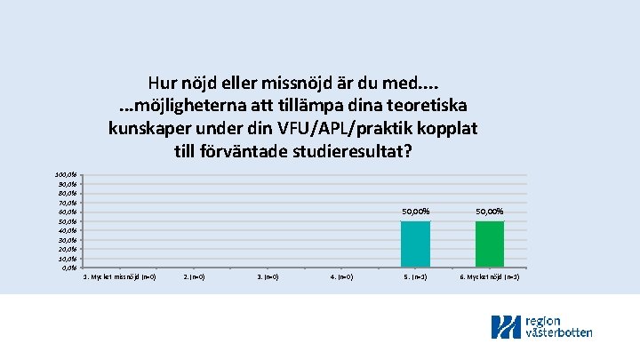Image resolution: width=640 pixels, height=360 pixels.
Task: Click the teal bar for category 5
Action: pyautogui.click(x=415, y=244)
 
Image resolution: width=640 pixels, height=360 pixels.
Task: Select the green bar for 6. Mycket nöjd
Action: pyautogui.click(x=490, y=244)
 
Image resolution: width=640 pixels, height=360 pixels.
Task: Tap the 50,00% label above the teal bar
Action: pyautogui.click(x=415, y=212)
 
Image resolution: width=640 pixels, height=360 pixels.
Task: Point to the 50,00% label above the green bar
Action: pyautogui.click(x=490, y=212)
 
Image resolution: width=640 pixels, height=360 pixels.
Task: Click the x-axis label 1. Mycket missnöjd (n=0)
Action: pyautogui.click(x=119, y=277)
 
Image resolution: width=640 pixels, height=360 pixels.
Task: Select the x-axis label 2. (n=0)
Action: pyautogui.click(x=194, y=277)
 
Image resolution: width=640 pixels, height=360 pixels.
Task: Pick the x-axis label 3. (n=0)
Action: pyautogui.click(x=268, y=277)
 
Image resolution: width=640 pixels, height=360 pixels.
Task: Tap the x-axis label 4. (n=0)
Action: pyautogui.click(x=341, y=277)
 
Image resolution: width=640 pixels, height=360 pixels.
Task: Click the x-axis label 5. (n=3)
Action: pyautogui.click(x=415, y=277)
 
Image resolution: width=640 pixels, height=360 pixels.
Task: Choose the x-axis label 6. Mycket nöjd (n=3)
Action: pyautogui.click(x=490, y=277)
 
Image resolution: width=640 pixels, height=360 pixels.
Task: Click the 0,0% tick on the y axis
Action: pyautogui.click(x=69, y=268)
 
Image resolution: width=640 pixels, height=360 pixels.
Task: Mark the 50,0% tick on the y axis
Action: pyautogui.click(x=68, y=221)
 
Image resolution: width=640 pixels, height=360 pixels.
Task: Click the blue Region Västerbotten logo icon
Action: pyautogui.click(x=507, y=327)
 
